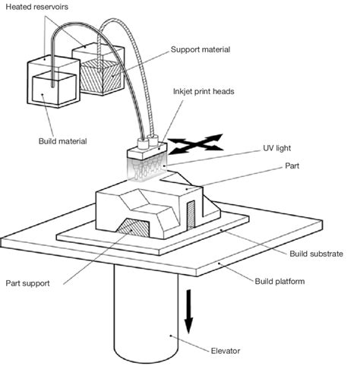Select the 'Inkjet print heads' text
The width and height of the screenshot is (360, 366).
click(203, 92)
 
